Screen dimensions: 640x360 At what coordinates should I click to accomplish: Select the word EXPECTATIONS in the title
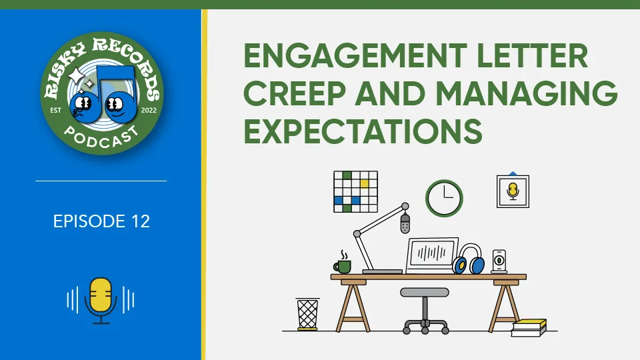tap(363, 131)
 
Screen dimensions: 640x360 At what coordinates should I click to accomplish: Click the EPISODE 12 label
tap(101, 221)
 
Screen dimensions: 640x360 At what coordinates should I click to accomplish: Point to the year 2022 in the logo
tap(149, 110)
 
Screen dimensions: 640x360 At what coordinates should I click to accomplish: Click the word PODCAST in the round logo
tap(101, 137)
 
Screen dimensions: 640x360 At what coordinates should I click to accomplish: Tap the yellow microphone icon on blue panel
tap(101, 301)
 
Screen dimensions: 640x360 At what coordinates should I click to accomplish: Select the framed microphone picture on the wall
tap(513, 191)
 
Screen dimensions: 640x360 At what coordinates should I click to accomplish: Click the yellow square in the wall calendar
tap(364, 184)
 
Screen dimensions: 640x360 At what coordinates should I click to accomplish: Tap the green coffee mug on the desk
tap(343, 266)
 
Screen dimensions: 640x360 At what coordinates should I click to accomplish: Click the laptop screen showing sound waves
tap(432, 254)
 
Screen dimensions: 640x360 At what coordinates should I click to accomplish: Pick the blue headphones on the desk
tap(469, 259)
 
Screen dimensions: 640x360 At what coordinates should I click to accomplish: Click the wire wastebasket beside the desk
tap(307, 314)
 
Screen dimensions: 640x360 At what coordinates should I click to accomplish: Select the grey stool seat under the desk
tap(425, 292)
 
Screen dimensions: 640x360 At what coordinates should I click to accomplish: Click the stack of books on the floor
tap(529, 328)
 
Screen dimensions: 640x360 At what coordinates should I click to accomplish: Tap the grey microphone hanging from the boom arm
tap(405, 224)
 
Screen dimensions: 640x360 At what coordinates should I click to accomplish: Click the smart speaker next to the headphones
tap(499, 261)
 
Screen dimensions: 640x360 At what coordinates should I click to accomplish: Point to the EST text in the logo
tap(55, 110)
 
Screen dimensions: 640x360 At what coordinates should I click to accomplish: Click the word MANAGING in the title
tap(527, 93)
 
